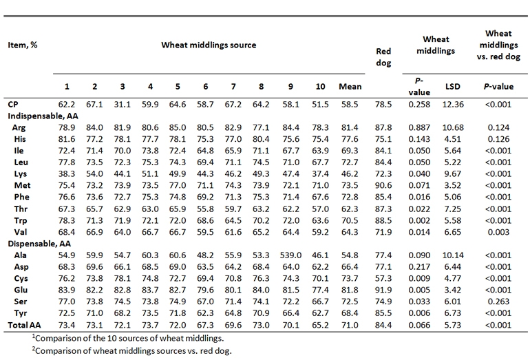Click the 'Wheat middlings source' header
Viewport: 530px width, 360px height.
[209, 45]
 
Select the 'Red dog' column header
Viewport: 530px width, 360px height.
[384, 57]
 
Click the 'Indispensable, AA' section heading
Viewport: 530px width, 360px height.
[42, 118]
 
